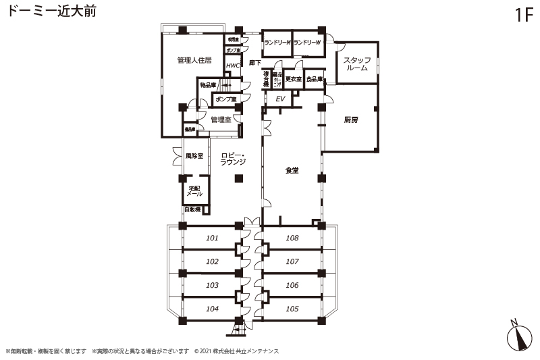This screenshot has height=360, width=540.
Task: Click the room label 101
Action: coord(212,238)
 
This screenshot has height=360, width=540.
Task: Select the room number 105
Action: coord(292,309)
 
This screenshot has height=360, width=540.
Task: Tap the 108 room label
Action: coord(292,238)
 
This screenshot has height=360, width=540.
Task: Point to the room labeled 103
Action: coord(212,285)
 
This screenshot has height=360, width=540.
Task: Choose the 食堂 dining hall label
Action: coord(292,171)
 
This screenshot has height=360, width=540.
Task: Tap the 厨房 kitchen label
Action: coord(350,120)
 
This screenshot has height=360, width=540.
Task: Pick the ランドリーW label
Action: coord(307,43)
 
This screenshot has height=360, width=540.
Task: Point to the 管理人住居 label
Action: coord(194,61)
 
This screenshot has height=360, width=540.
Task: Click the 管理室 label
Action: coord(221,120)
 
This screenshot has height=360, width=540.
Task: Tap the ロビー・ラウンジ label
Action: coord(233,159)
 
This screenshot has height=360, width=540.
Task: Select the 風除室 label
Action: coord(194,156)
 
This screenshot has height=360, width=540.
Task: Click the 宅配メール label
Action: coord(194,190)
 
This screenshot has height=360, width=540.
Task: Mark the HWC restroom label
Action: coord(233,66)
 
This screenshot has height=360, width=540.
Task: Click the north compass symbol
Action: coord(518,335)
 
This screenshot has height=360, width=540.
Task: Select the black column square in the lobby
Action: coord(238,178)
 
